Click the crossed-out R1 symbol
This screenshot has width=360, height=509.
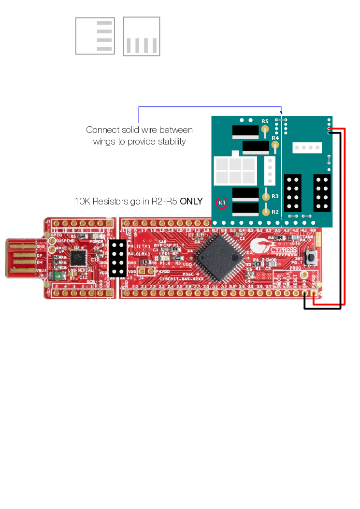click(x=221, y=203)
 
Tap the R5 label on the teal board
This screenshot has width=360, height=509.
click(x=265, y=121)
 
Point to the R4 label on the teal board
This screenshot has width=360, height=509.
click(x=275, y=138)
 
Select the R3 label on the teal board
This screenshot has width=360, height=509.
click(x=275, y=196)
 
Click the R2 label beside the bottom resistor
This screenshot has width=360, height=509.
click(x=275, y=212)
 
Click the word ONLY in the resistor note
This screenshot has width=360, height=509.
click(x=191, y=201)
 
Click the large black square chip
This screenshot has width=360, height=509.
click(x=218, y=258)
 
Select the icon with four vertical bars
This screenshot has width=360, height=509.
click(x=141, y=37)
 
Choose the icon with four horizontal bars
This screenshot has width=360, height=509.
click(x=95, y=36)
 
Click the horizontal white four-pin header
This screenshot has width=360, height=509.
click(x=306, y=147)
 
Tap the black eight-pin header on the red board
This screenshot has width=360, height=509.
click(x=117, y=259)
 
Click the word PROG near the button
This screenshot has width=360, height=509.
click(x=295, y=268)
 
